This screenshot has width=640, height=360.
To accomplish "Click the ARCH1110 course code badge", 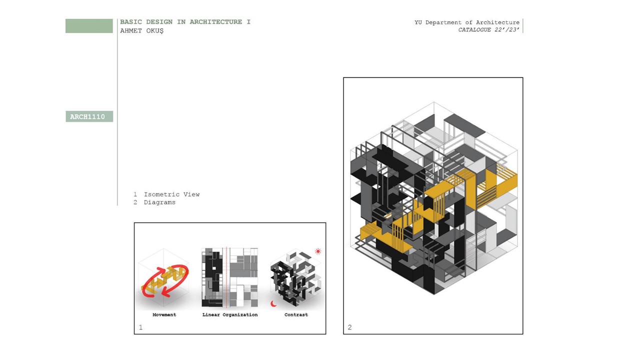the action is point(89,116).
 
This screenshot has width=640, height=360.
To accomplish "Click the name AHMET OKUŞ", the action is point(141,31).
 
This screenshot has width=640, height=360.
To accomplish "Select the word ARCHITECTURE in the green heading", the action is point(215,22).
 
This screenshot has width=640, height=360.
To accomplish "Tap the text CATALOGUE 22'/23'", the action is point(488,29).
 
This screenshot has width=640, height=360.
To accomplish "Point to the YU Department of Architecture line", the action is point(467,22).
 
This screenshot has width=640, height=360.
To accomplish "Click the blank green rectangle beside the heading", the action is point(89,26).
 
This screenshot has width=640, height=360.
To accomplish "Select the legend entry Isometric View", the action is point(171,194).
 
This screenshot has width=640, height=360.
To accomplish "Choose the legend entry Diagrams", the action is point(159,202).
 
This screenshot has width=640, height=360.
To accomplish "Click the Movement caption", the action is point(164,314).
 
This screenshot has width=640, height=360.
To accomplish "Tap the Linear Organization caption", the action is point(230,314).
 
